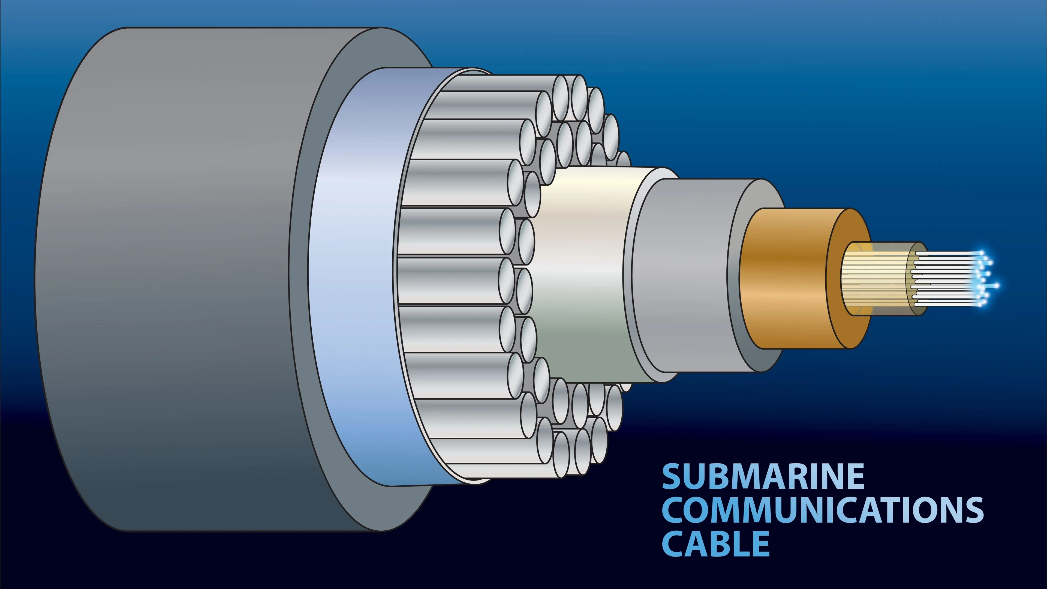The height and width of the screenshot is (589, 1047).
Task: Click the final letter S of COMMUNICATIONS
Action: point(973,510)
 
